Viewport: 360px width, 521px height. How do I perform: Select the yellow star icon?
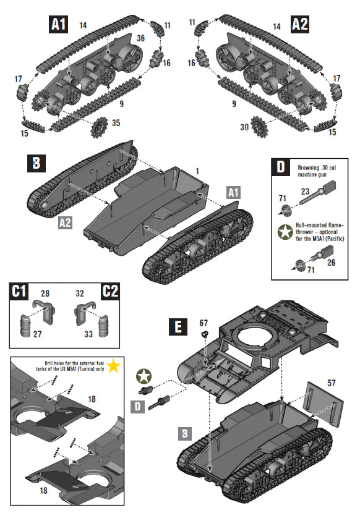(113, 366)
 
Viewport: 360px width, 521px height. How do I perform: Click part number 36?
(140, 38)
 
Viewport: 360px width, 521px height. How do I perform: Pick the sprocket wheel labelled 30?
(260, 127)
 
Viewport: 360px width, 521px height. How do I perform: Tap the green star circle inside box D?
(284, 232)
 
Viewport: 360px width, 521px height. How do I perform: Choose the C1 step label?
(20, 292)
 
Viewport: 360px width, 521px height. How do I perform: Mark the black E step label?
(178, 327)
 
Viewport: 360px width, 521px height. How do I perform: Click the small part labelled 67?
(203, 334)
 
